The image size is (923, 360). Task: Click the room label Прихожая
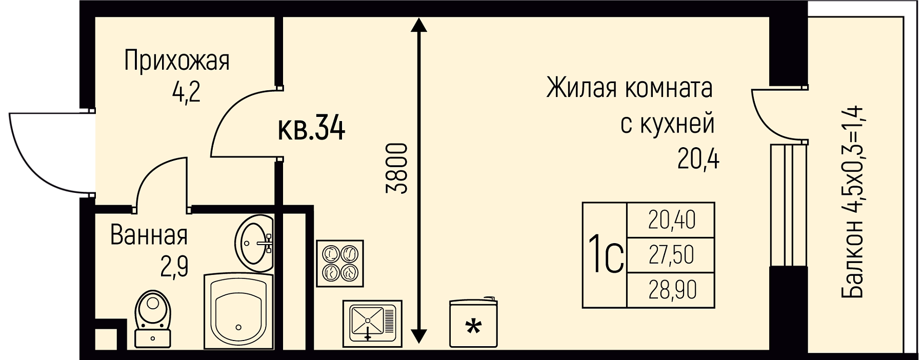(177, 62)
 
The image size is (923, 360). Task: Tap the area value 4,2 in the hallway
(186, 93)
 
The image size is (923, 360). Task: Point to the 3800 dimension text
(396, 169)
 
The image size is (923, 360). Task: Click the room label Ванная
(149, 235)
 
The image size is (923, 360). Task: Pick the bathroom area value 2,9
(174, 267)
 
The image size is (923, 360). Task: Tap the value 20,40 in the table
(671, 221)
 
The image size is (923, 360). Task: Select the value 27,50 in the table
(671, 255)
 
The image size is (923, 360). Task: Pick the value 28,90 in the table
(671, 290)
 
